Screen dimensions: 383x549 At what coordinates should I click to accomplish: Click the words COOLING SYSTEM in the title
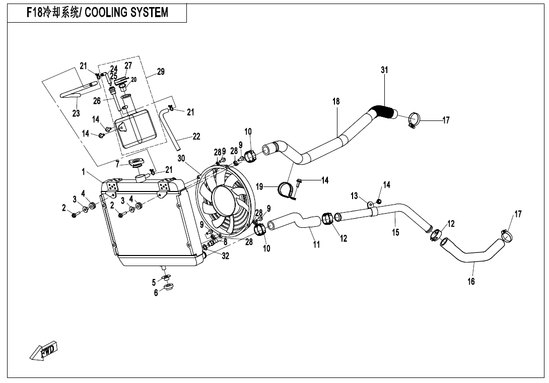(x=126, y=12)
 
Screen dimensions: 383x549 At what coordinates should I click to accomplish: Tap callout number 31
(x=384, y=71)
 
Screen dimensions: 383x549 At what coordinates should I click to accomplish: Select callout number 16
(x=471, y=282)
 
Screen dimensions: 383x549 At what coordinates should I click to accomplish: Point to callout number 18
(x=336, y=101)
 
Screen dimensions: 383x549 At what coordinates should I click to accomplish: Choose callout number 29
(x=161, y=72)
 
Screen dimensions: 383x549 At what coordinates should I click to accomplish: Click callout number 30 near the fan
(x=181, y=158)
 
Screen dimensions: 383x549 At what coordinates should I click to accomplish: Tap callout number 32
(x=225, y=256)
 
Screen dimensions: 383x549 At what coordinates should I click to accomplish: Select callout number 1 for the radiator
(x=83, y=172)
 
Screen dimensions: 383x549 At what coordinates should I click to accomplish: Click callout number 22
(x=196, y=136)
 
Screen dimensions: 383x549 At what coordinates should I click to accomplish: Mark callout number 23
(x=76, y=113)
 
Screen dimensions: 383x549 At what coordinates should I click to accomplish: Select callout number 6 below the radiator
(x=156, y=293)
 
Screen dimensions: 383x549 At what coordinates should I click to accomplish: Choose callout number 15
(x=395, y=232)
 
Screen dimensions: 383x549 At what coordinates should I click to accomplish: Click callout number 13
(x=354, y=196)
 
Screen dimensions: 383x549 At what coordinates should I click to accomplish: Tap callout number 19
(x=259, y=186)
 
